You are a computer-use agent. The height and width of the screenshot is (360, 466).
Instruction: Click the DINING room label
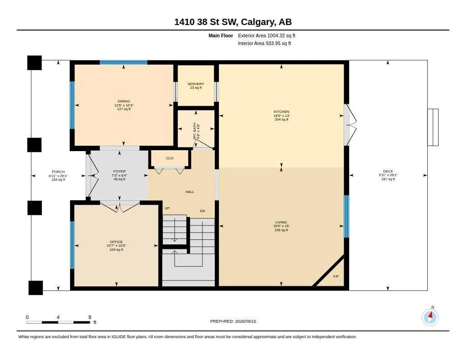[x=124, y=101]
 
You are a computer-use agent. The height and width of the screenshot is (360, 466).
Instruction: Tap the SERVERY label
[x=196, y=84]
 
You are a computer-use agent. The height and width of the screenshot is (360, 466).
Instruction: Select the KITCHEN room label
[x=281, y=112]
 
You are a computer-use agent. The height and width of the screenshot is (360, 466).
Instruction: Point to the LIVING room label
[x=281, y=223]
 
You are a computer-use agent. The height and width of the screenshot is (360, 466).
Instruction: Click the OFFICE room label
[x=116, y=242]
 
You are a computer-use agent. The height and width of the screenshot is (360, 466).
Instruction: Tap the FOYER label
[x=120, y=172]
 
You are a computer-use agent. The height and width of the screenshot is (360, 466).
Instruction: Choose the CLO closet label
[x=170, y=158]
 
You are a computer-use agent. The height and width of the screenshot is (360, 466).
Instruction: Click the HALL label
[x=190, y=192]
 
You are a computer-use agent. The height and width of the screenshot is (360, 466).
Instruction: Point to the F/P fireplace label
[x=336, y=277]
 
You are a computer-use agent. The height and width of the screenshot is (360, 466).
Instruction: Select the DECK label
[x=388, y=172]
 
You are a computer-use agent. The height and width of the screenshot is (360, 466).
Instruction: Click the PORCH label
[x=58, y=172]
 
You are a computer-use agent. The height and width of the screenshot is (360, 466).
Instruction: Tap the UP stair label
[x=167, y=208]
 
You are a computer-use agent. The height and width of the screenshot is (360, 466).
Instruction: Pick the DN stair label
[x=203, y=211]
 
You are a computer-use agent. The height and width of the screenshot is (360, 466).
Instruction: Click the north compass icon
[x=430, y=317]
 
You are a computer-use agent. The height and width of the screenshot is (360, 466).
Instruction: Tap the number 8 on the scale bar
[x=90, y=317]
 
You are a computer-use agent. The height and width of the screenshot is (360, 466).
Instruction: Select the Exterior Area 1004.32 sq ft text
[x=267, y=35]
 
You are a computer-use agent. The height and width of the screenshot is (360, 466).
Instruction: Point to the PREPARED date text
[x=233, y=321]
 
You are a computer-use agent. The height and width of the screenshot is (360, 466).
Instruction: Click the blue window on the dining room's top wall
[x=124, y=62]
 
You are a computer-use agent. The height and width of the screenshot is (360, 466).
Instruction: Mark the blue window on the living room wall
[x=346, y=217]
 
